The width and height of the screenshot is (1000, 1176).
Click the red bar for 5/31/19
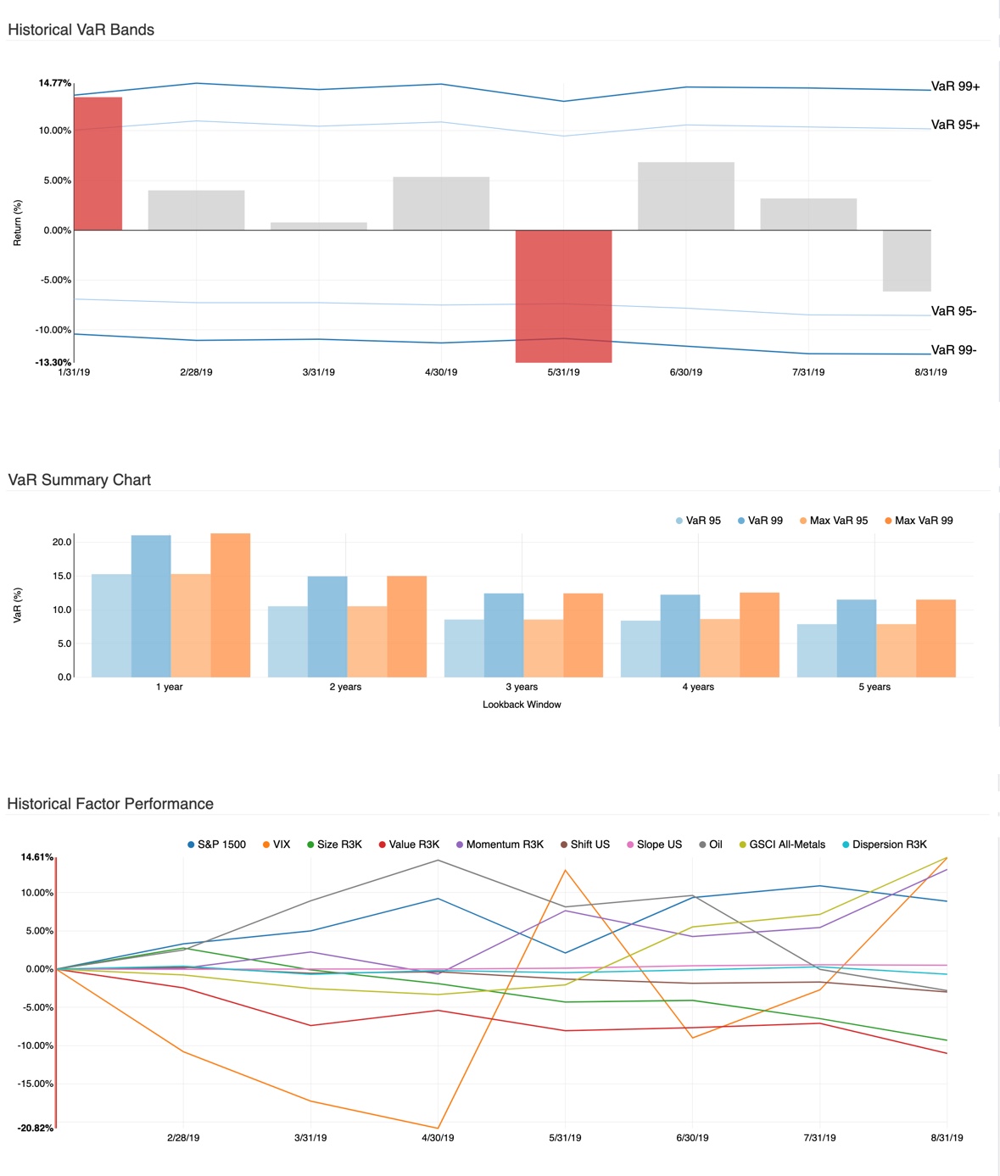pos(563,296)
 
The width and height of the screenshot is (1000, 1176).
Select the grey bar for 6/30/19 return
pos(685,196)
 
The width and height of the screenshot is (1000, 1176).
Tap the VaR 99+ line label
pos(955,86)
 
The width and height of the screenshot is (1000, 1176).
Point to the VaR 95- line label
pos(953,311)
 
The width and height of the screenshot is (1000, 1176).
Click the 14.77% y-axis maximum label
pos(54,83)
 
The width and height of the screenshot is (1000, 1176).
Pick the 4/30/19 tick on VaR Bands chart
pos(441,372)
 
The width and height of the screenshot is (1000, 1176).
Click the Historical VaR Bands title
pos(81,30)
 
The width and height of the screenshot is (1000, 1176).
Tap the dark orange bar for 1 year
pos(230,605)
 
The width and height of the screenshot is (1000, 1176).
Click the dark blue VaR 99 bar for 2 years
pos(327,627)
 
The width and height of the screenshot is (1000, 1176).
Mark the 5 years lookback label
pos(874,687)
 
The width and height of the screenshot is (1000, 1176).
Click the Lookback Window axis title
pos(522,705)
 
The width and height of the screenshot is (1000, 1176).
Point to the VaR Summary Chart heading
pos(80,480)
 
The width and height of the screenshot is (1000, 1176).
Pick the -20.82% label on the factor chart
pos(36,1129)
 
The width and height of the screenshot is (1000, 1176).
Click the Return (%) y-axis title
pos(18,223)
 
